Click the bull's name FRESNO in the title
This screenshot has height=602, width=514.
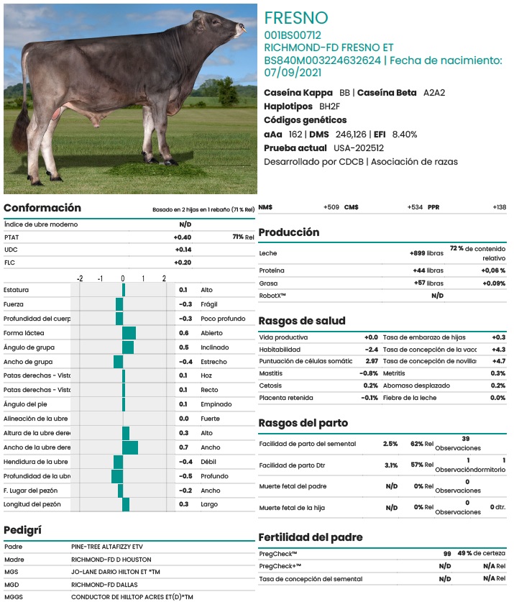(x=295, y=18)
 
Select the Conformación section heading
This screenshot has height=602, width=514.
(x=42, y=208)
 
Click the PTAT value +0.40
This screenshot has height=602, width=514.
(x=182, y=237)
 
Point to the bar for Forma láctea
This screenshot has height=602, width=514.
(x=129, y=333)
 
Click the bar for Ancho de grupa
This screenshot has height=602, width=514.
(x=119, y=361)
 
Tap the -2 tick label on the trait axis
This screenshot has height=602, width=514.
(x=80, y=278)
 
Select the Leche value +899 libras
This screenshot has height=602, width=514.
(x=426, y=253)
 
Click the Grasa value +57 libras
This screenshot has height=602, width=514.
(x=428, y=283)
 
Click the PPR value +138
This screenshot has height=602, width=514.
(x=499, y=207)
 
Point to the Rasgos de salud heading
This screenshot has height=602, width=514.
(x=302, y=321)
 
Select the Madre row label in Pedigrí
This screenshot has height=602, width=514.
(x=14, y=559)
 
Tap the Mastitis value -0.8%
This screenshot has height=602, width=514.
(x=369, y=373)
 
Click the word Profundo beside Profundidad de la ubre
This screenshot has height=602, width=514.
(x=216, y=476)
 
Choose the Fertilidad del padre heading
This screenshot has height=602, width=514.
(x=311, y=537)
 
